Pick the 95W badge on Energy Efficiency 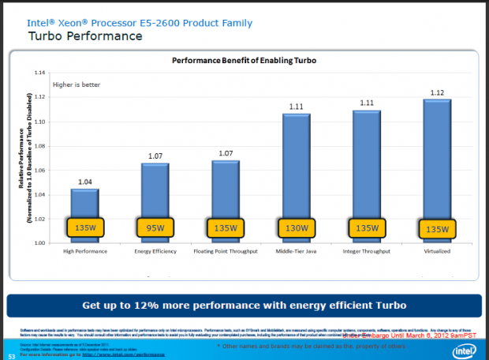point(155,230)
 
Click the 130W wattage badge point(296,230)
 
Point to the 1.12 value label point(436,92)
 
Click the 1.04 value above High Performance point(84,182)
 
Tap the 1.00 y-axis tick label point(39,243)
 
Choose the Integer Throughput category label point(366,253)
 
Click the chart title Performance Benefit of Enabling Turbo point(244,60)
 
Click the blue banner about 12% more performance point(244,306)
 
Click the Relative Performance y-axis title point(24,158)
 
